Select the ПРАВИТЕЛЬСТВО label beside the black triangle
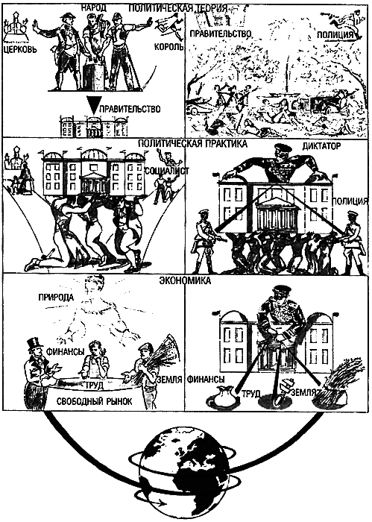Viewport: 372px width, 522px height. point(131,109)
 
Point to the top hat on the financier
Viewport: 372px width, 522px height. point(32,344)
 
